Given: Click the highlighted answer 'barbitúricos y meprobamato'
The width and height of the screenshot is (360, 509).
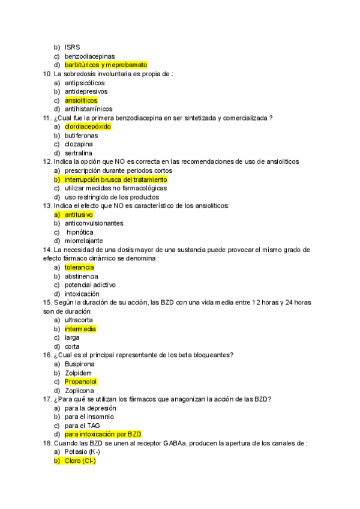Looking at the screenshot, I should pos(106,65).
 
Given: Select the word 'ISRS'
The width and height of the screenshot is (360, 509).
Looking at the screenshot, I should pos(73,47).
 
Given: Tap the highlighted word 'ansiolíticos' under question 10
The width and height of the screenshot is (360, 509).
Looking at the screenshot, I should pos(81,100).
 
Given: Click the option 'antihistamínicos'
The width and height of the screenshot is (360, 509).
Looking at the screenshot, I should pos(88,109).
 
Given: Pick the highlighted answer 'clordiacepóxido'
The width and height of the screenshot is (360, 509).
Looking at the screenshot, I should pos(88,127).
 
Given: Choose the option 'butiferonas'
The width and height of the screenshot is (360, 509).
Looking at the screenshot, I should pos(81,136).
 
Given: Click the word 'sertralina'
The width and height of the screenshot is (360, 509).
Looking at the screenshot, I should pos(79,153).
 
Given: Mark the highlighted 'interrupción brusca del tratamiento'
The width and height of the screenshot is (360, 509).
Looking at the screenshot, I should pos(116,179).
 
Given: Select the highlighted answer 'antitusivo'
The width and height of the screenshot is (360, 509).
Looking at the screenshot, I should pos(79,214).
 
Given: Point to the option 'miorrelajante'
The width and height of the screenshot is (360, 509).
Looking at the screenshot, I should pos(83,241).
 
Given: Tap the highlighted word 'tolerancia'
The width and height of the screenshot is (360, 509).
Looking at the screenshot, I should pos(79,267).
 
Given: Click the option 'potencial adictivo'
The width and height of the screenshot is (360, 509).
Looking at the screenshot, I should pos(90,285).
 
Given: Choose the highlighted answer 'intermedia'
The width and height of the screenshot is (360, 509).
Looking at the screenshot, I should pos(80,329).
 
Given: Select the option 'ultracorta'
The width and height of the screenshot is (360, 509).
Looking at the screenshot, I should pos(79,320).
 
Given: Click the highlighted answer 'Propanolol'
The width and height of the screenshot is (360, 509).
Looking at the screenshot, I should pos(80,382).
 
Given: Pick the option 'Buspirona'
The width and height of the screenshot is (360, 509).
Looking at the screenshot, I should pos(79,364).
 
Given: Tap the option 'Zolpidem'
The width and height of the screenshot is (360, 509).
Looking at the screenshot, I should pos(78,373).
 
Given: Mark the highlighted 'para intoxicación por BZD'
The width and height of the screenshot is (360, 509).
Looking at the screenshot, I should pos(103,435).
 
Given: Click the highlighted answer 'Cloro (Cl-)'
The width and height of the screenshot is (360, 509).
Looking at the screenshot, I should pos(80,461).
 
